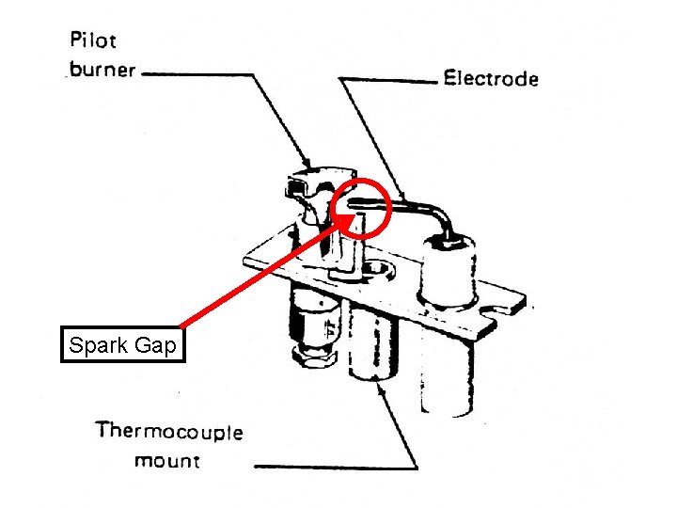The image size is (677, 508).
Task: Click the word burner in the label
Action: (102, 70)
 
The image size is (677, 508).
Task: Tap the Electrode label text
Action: (490, 79)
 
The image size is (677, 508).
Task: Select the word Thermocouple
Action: (168, 433)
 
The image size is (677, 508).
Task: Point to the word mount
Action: (167, 461)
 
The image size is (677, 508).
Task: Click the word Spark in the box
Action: (99, 346)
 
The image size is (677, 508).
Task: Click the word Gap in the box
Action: (155, 346)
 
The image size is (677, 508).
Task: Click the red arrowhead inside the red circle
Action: (348, 220)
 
